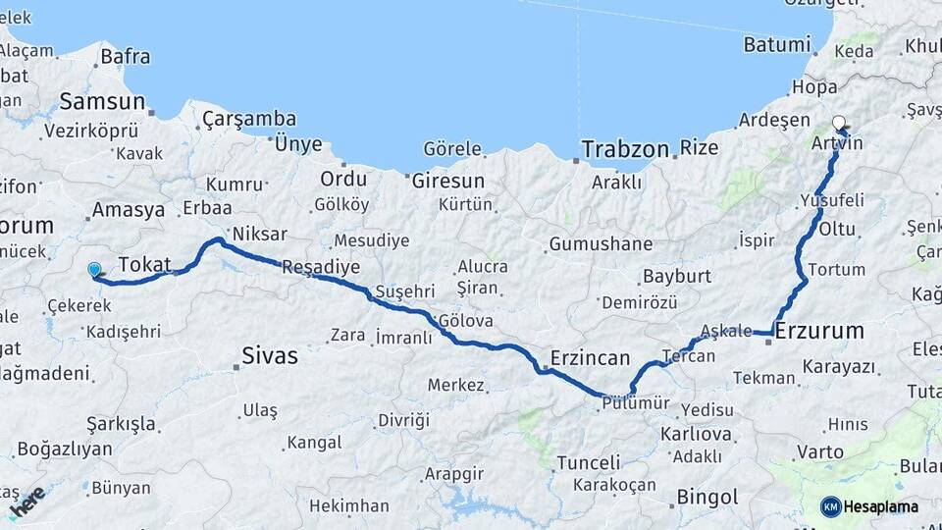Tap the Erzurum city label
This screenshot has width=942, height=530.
819,332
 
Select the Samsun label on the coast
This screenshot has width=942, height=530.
102,101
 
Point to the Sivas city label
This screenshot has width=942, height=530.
269,356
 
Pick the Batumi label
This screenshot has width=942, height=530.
777,44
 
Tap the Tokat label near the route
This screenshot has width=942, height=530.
144,264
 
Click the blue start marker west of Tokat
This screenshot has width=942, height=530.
94,269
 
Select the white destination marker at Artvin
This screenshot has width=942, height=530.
838,124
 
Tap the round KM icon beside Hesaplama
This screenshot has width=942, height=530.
830,506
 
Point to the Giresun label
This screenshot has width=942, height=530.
447,181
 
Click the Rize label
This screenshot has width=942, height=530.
700,149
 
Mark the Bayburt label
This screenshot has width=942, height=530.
677,276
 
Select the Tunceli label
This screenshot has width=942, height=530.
589,462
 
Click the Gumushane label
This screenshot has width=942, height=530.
601,243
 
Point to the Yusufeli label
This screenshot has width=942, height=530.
832,200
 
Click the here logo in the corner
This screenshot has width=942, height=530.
26,501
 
